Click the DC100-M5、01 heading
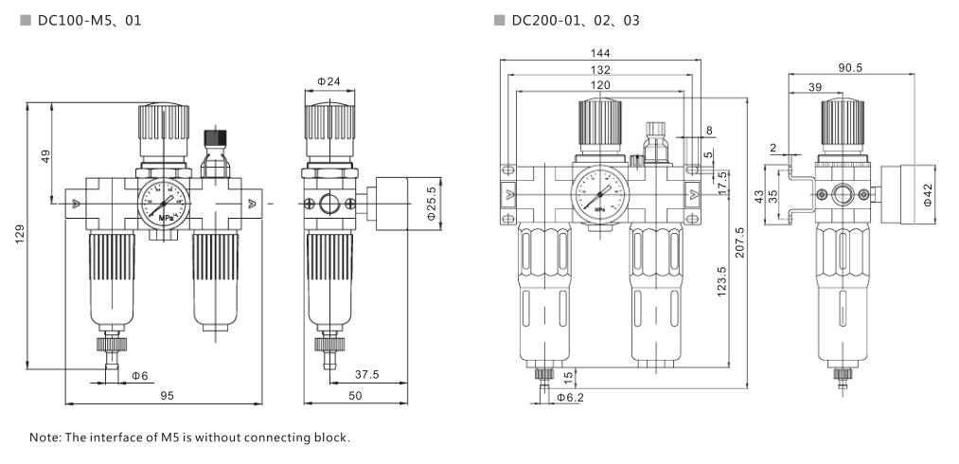click(x=89, y=20)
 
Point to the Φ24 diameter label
click(x=329, y=82)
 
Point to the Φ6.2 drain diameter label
click(x=569, y=397)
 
